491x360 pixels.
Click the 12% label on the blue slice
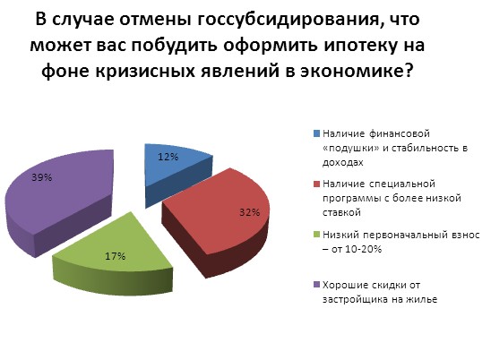(168, 157)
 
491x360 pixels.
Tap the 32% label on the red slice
(250, 212)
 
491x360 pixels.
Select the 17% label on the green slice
(116, 256)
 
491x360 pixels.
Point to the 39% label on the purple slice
(41, 177)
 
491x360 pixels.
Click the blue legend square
(316, 133)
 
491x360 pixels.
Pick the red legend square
(316, 184)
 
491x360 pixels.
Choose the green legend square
(316, 235)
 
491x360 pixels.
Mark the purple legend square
(316, 285)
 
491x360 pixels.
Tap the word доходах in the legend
(343, 163)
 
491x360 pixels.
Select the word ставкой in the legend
(341, 212)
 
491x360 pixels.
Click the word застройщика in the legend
(355, 300)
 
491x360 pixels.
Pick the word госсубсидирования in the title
(287, 20)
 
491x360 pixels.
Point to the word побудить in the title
(174, 45)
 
